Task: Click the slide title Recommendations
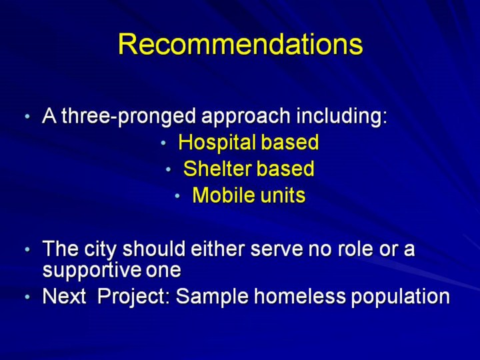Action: (x=240, y=44)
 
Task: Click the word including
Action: (x=341, y=117)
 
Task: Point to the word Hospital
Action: (x=217, y=143)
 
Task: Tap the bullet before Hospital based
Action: (x=163, y=143)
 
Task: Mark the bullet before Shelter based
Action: (x=169, y=169)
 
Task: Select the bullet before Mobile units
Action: (x=177, y=195)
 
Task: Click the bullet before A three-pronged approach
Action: (x=27, y=117)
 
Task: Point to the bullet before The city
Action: (x=27, y=249)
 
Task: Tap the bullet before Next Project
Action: (x=27, y=297)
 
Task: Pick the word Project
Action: (x=133, y=297)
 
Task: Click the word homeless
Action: (x=300, y=296)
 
